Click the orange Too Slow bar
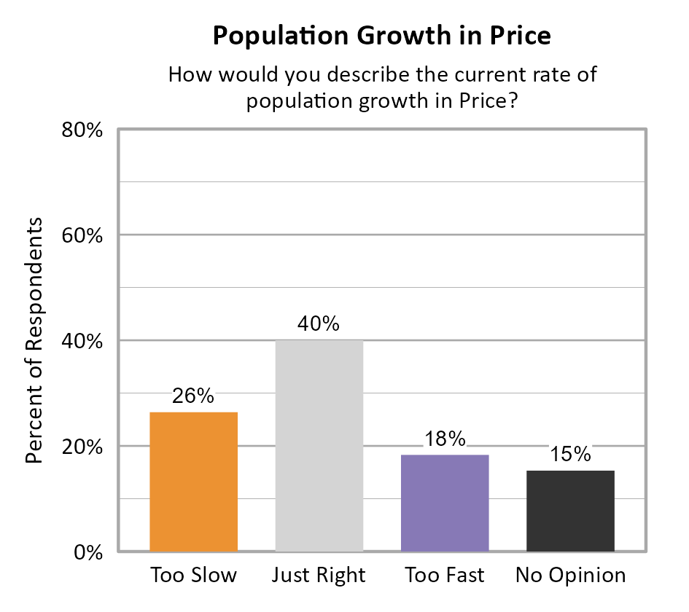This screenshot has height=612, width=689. (193, 482)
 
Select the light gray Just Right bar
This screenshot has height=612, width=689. (319, 445)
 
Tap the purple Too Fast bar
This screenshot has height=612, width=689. (445, 503)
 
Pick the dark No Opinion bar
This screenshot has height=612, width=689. (570, 511)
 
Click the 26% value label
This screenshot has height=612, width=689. (193, 396)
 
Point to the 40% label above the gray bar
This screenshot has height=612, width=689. (319, 323)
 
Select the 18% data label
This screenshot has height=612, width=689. (445, 439)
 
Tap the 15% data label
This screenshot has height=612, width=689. (570, 455)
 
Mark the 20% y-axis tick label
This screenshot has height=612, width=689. (80, 447)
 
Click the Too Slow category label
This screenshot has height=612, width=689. (193, 575)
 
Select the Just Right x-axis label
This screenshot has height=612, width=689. (319, 576)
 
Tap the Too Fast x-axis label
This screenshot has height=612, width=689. (445, 575)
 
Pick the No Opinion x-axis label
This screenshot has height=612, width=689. (570, 576)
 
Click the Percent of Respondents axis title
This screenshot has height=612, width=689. (34, 340)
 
